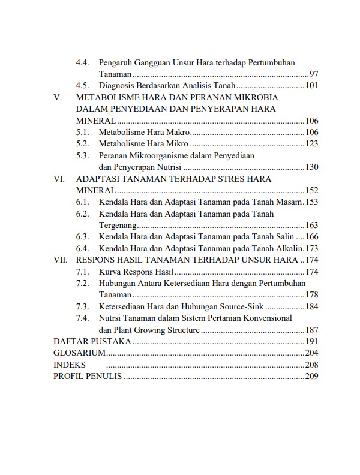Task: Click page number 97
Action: [x=313, y=74]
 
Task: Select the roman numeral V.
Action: [x=57, y=97]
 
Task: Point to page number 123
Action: [x=311, y=143]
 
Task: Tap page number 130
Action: [x=311, y=167]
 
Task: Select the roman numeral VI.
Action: [x=59, y=179]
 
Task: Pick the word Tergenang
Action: [x=118, y=226]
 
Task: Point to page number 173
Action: [x=311, y=248]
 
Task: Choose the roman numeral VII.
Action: [x=61, y=260]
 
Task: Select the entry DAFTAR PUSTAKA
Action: [x=92, y=341]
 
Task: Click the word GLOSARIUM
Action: [x=80, y=353]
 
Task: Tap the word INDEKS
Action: [x=70, y=365]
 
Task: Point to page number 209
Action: [x=311, y=376]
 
